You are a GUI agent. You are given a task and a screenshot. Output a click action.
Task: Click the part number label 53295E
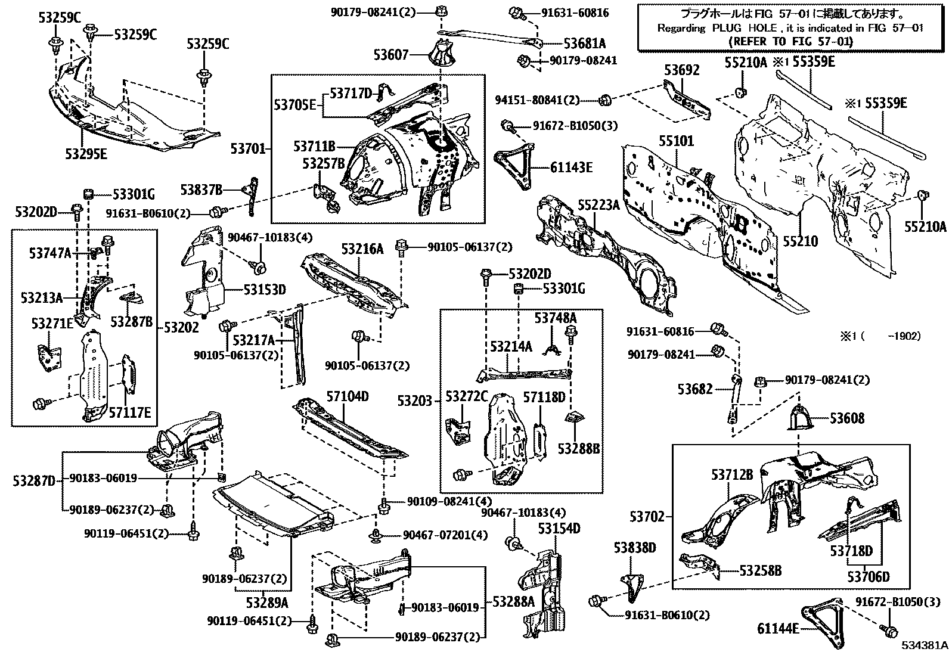(86, 154)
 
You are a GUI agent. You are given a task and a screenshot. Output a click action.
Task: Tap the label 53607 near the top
(392, 55)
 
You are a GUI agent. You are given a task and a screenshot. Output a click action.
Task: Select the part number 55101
(676, 142)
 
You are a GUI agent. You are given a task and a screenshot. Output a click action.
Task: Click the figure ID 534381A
(923, 645)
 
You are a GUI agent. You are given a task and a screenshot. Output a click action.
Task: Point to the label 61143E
(571, 169)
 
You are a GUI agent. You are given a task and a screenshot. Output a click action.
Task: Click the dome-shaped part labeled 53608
(801, 418)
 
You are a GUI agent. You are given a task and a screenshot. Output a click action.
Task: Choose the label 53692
(682, 71)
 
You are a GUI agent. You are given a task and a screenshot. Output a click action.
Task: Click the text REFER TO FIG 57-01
(790, 41)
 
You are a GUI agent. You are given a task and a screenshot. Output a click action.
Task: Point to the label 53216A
(362, 249)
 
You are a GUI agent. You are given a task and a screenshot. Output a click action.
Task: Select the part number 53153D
(264, 290)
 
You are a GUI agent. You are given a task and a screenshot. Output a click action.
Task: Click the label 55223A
(598, 206)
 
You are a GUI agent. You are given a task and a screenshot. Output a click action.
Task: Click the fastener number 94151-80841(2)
(537, 101)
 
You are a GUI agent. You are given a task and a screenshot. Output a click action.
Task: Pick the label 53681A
(584, 43)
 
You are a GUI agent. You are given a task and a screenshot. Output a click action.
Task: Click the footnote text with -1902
(880, 336)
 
